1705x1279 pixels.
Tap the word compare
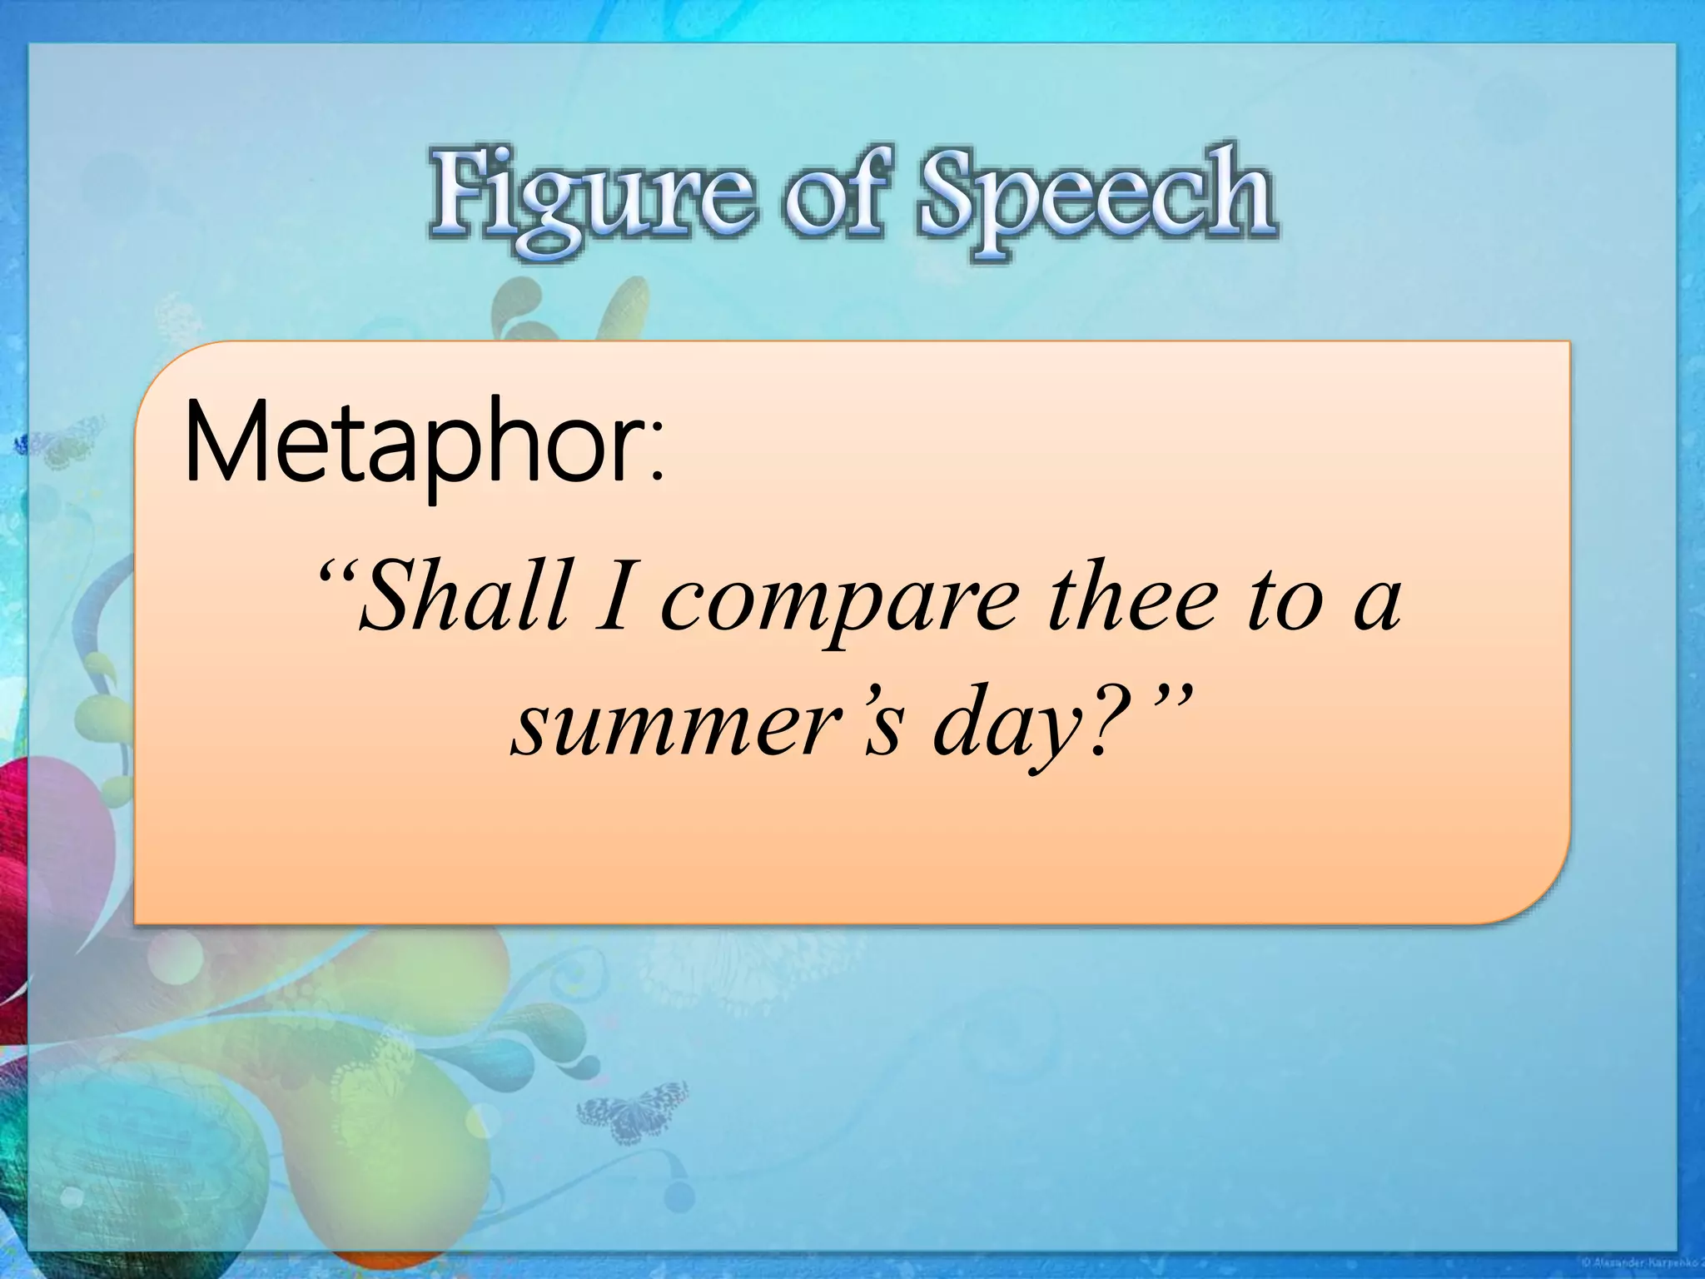(x=840, y=604)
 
